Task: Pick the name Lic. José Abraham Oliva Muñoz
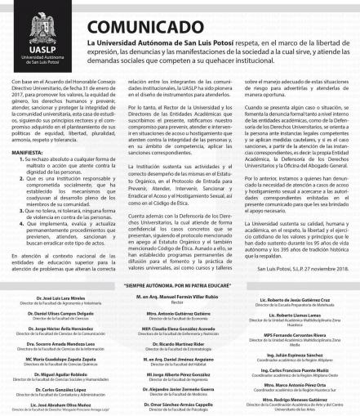click(x=48, y=404)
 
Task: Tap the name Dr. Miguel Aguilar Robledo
click(x=48, y=371)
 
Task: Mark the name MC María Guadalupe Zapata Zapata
click(x=48, y=355)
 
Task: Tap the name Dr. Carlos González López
click(x=48, y=387)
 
